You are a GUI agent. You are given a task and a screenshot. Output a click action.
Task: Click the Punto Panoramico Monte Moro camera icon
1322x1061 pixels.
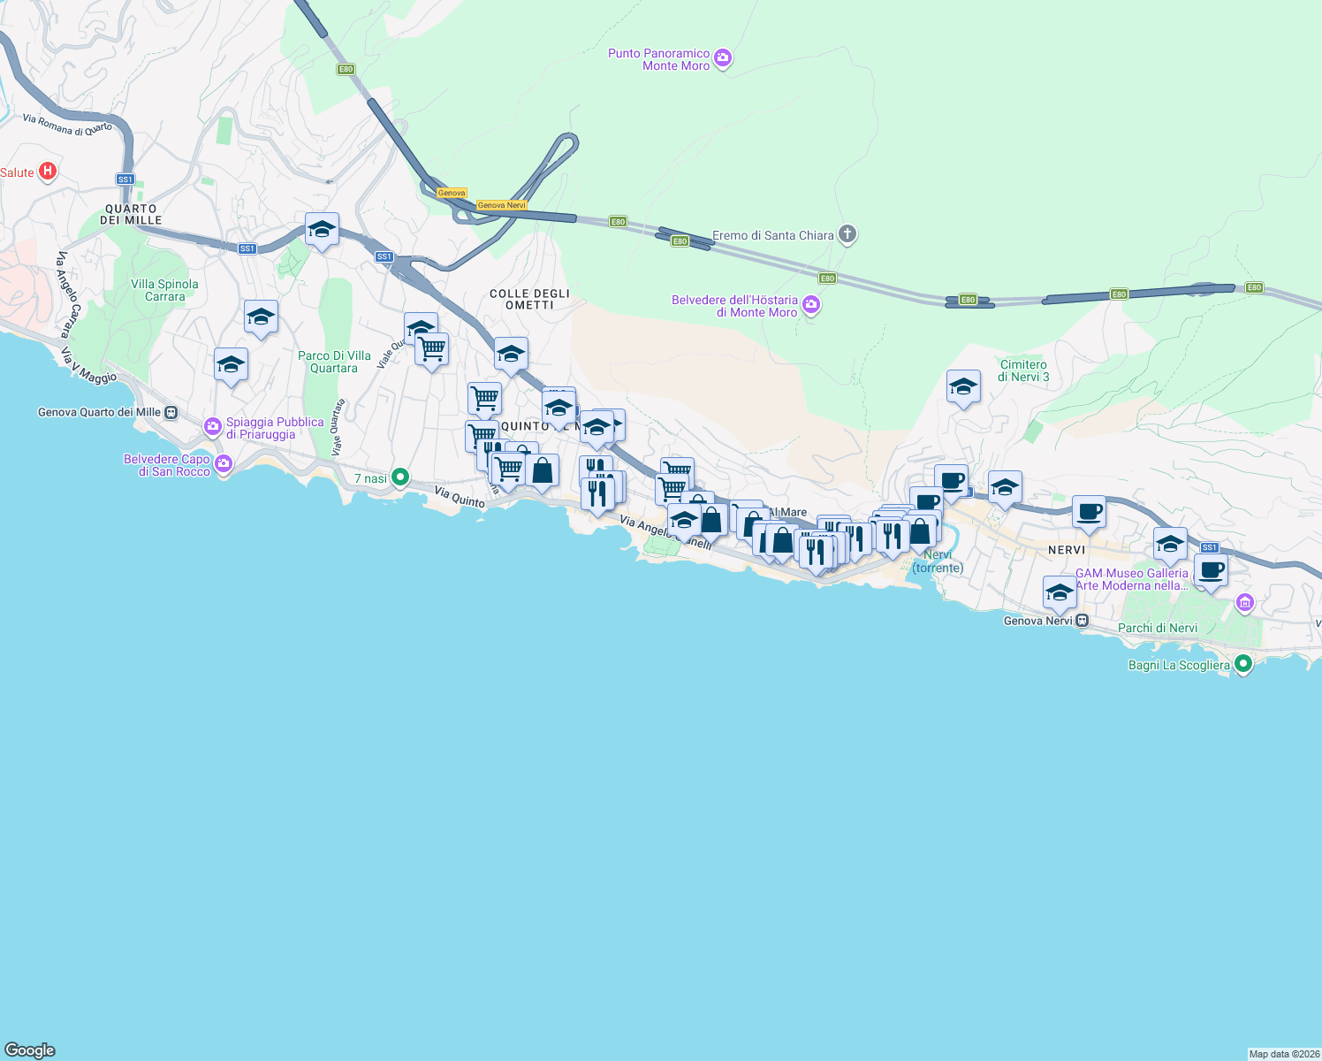click(723, 59)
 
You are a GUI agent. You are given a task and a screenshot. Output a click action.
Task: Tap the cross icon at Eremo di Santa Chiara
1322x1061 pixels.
click(847, 234)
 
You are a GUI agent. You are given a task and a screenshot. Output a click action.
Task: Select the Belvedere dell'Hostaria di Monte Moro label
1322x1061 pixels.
click(734, 306)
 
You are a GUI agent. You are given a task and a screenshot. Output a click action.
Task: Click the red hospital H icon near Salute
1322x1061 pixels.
click(49, 172)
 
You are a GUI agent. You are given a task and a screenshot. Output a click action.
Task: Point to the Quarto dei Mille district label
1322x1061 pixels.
click(131, 215)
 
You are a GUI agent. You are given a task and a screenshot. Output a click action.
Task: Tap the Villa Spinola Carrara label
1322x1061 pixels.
click(164, 290)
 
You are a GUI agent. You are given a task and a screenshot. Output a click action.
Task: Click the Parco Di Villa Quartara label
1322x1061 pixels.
click(334, 362)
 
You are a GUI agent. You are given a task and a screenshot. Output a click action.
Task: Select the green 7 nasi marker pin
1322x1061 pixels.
click(399, 477)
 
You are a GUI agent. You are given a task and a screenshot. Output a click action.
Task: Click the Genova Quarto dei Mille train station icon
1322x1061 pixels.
click(171, 412)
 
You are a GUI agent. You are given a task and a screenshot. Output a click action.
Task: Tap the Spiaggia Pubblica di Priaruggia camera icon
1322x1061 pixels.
click(213, 427)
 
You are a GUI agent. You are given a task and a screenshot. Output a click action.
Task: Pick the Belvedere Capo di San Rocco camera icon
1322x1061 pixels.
click(224, 463)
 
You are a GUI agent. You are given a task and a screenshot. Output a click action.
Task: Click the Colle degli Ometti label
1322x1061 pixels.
click(529, 299)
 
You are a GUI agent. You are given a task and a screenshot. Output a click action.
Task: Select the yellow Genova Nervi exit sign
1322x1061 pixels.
click(501, 205)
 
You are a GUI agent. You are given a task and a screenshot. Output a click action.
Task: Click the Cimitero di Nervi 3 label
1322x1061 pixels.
click(1023, 370)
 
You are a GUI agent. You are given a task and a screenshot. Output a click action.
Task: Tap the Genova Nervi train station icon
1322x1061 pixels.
click(1082, 621)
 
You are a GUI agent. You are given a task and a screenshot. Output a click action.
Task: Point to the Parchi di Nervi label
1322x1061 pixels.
click(1158, 628)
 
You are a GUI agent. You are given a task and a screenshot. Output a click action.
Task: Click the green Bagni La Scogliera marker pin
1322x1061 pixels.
click(1242, 663)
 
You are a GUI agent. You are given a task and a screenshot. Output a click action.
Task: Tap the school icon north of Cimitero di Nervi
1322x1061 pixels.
click(963, 387)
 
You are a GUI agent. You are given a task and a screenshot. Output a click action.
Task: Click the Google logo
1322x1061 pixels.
click(30, 1050)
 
